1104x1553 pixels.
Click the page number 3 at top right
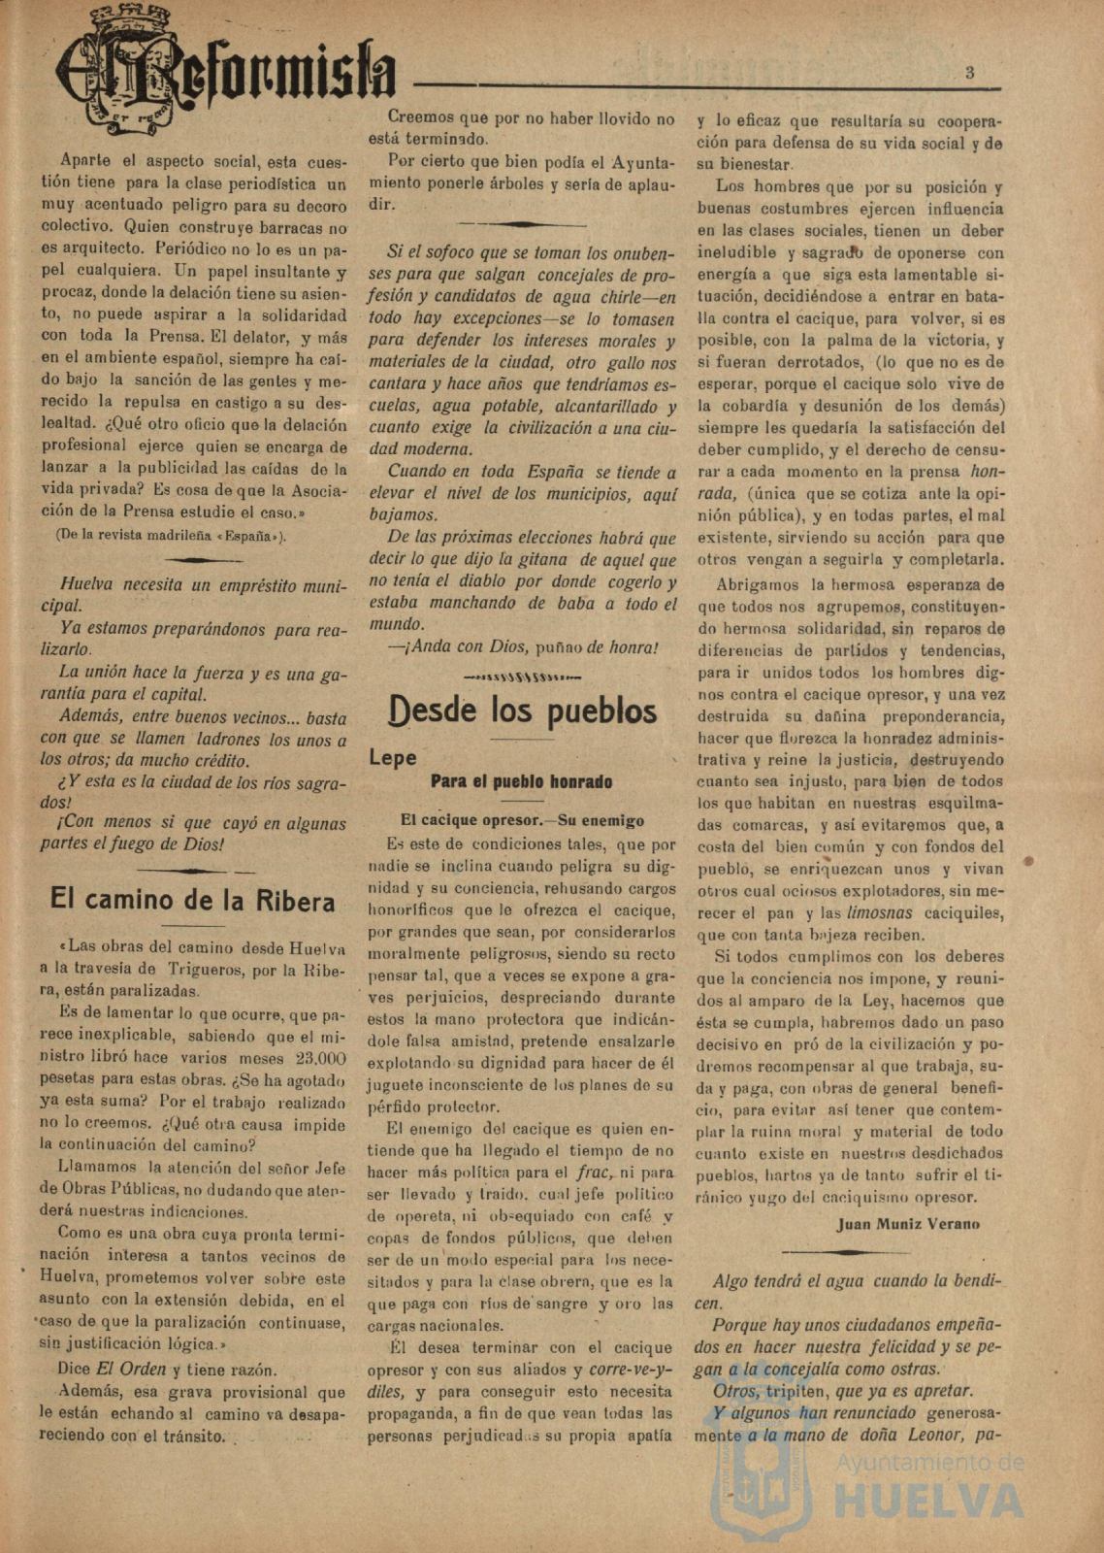pyautogui.click(x=969, y=72)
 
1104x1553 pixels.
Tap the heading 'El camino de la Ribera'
pyautogui.click(x=192, y=901)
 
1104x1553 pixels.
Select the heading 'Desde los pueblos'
pyautogui.click(x=522, y=711)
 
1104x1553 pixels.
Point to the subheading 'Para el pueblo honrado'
pyautogui.click(x=521, y=781)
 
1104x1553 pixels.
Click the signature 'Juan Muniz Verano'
pyautogui.click(x=908, y=1224)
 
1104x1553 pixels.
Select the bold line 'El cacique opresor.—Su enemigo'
pyautogui.click(x=522, y=820)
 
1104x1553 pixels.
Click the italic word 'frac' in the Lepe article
pyautogui.click(x=593, y=1173)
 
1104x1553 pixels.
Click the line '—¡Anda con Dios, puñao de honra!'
pyautogui.click(x=522, y=647)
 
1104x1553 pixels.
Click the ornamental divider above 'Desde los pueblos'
pyautogui.click(x=522, y=676)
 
